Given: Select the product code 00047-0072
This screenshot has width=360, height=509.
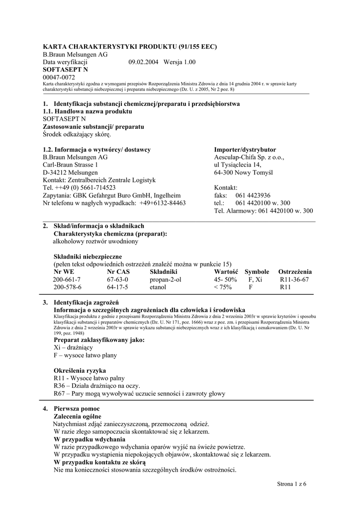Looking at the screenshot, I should point(59,78).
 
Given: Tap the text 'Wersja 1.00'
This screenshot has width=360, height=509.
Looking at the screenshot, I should point(180,62).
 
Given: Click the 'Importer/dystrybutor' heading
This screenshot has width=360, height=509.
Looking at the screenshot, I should point(245,150).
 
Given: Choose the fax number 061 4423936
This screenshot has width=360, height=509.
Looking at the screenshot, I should point(253,195).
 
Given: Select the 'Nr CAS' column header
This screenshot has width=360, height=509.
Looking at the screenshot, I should point(118,272).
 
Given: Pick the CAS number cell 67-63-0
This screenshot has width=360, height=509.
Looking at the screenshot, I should point(117,280).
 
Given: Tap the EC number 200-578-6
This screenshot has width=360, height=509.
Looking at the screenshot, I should point(67,287).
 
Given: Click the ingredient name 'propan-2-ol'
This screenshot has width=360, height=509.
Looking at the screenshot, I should point(165,280).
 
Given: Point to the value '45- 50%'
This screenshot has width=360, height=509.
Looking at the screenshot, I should point(225,280).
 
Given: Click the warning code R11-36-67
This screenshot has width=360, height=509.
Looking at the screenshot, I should point(294,280).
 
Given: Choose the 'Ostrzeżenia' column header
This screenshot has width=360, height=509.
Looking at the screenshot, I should point(295,272).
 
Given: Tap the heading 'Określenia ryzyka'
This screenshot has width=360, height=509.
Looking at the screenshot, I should point(79,371).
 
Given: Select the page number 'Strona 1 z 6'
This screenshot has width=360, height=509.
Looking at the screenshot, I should point(291,484).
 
